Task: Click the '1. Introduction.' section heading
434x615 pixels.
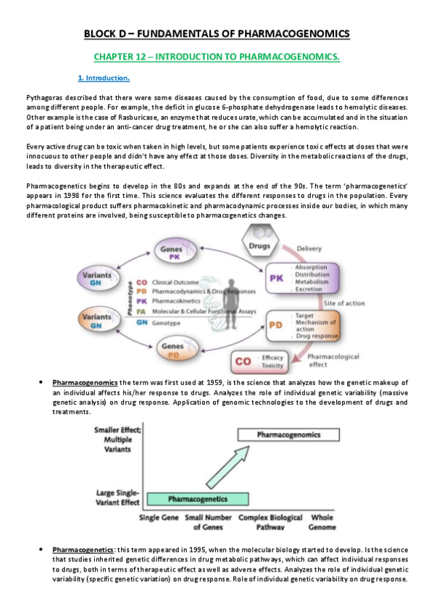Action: (104, 78)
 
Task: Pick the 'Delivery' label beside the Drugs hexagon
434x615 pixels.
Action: (311, 249)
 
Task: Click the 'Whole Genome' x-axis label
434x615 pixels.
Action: (322, 522)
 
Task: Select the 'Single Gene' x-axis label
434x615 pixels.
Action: (159, 518)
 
